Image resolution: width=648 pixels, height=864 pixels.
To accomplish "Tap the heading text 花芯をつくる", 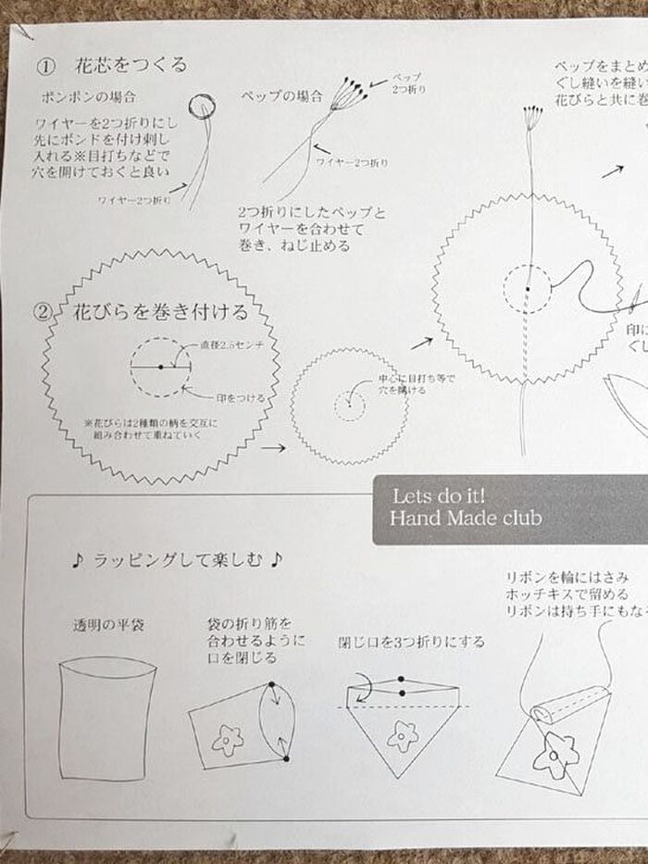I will [130, 65].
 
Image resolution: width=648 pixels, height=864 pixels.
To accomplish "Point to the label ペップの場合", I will [282, 96].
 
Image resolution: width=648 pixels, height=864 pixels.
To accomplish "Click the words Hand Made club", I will [466, 519].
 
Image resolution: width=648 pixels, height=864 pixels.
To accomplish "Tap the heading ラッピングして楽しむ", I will [176, 559].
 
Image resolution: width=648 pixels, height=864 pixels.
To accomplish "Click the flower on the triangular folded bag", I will [403, 737].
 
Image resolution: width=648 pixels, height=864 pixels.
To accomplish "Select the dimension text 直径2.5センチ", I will [228, 345].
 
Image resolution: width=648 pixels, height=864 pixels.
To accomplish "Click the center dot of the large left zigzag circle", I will [161, 367].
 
